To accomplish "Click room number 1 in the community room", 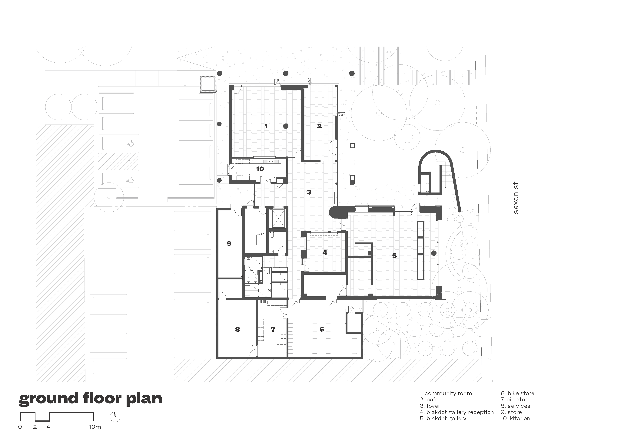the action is pos(266,126).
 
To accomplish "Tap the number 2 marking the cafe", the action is pos(319,126).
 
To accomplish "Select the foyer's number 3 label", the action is pos(309,192).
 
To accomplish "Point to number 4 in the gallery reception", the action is pos(325,253).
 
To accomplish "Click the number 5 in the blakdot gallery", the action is pos(394,256).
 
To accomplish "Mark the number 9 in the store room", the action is pos(229,243).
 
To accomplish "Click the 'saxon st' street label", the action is pos(516,198).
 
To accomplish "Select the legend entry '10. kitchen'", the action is pos(515,418).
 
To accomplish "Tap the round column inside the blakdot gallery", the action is pos(434,253).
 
